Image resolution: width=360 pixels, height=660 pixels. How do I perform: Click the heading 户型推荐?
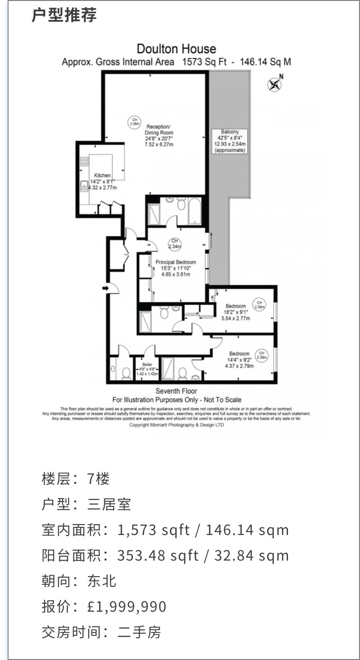64,15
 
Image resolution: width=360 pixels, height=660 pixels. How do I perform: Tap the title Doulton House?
176,49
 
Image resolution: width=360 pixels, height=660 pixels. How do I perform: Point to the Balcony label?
230,132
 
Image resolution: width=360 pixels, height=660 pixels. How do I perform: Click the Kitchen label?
102,175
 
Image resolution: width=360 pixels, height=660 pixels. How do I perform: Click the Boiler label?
147,364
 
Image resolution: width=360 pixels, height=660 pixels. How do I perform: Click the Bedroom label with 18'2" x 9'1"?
235,306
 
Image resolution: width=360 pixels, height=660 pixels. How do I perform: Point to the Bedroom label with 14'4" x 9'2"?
239,354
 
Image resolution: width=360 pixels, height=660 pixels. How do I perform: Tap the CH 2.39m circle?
261,354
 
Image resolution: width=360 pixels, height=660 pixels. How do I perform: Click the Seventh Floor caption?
176,392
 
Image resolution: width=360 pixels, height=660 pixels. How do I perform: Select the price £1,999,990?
127,606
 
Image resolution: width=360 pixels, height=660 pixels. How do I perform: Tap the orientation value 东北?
102,581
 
